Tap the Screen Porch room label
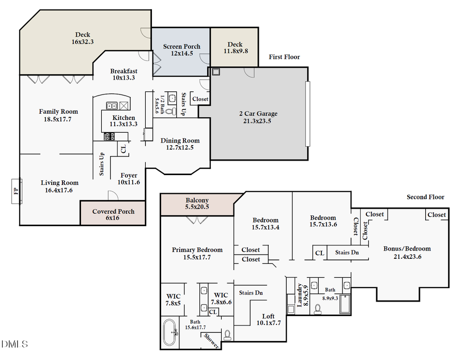point(181,50)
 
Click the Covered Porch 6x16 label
point(113,215)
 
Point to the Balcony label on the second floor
point(197,204)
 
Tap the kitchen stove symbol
point(110,136)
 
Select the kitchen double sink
point(111,106)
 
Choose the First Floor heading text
point(284,57)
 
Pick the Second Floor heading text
point(425,197)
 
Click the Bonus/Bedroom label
point(407,252)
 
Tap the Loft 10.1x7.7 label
point(269,320)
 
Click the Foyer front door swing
point(112,195)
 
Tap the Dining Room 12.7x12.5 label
point(180,144)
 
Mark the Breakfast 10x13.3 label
point(123,74)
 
